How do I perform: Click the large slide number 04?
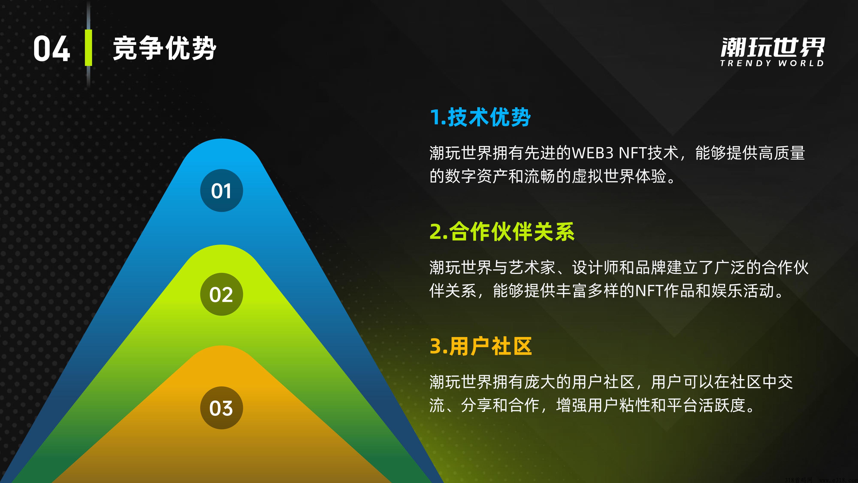pyautogui.click(x=52, y=49)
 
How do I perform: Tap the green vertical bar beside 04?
pyautogui.click(x=88, y=48)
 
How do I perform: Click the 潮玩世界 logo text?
pyautogui.click(x=772, y=47)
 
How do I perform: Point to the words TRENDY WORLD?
pyautogui.click(x=772, y=63)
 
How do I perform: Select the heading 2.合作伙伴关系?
pyautogui.click(x=502, y=231)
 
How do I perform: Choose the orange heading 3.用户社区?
pyautogui.click(x=481, y=346)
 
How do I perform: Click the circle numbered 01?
pyautogui.click(x=222, y=191)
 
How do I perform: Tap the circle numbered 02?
pyautogui.click(x=222, y=294)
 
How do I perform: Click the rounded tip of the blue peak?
pyautogui.click(x=222, y=139)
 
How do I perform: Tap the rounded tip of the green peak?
pyautogui.click(x=222, y=246)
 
